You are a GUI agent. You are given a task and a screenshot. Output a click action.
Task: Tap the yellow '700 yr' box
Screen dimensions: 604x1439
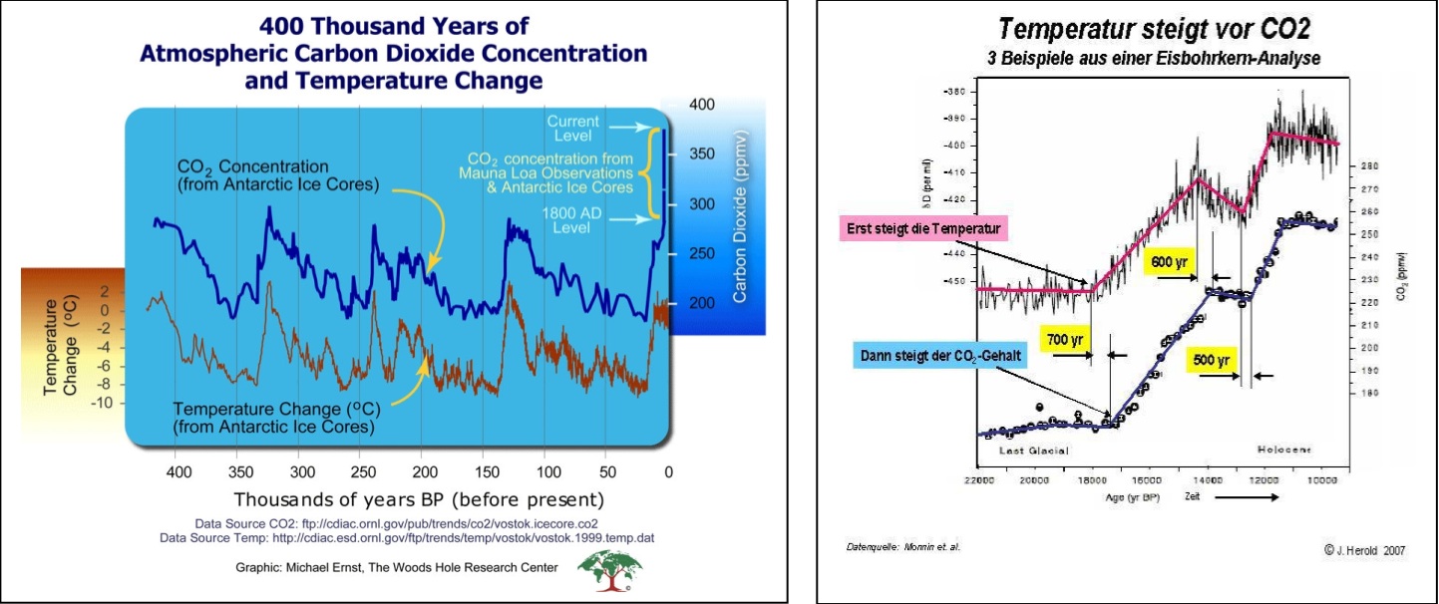(x=1064, y=340)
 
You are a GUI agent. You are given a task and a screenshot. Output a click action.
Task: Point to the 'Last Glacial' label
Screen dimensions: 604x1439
(x=1034, y=451)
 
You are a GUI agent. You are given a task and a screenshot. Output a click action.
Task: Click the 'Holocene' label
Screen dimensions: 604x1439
(x=1283, y=450)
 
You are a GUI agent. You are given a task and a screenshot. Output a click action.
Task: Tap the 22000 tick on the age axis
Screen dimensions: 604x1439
(x=979, y=482)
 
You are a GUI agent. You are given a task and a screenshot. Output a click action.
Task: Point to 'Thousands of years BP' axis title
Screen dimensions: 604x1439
(x=419, y=497)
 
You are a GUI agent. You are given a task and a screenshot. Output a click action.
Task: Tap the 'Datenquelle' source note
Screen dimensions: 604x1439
(x=890, y=546)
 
